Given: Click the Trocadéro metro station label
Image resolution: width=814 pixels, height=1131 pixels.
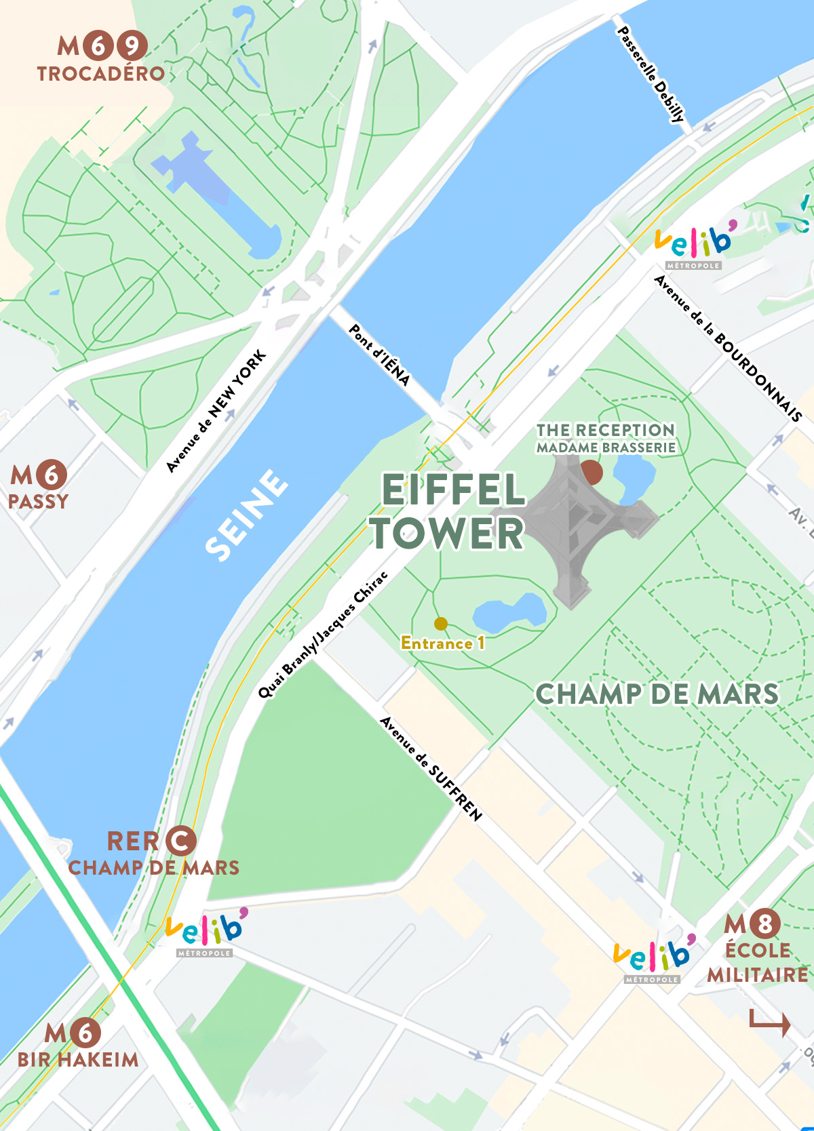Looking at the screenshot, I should (x=101, y=73).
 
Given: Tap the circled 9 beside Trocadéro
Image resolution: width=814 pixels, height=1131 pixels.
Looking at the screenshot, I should (x=132, y=46).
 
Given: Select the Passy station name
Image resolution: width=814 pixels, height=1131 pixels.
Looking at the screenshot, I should (x=38, y=502).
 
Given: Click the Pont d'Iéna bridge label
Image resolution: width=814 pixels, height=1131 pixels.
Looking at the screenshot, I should (x=379, y=355).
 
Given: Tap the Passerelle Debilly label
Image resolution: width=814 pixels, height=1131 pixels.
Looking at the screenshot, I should (x=651, y=74).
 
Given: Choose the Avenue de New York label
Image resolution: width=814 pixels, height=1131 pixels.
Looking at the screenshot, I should (x=216, y=412).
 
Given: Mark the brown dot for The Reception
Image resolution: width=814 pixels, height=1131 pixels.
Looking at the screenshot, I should (x=592, y=473).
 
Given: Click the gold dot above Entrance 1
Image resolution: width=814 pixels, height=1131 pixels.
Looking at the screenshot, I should (x=441, y=623).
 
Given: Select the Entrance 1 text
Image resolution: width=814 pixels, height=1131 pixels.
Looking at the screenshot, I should (x=443, y=643).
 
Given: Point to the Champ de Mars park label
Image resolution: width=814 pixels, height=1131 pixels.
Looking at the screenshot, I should (x=657, y=694).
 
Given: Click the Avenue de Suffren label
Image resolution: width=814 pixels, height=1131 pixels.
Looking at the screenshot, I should (x=431, y=768).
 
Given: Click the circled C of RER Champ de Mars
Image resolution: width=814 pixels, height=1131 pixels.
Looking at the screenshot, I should (x=180, y=841).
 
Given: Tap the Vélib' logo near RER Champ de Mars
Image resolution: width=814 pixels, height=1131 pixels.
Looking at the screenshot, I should (x=206, y=931).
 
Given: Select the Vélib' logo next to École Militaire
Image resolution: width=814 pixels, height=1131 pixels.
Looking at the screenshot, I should (x=653, y=957).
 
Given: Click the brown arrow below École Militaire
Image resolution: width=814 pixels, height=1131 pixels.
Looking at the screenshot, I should (x=770, y=1022).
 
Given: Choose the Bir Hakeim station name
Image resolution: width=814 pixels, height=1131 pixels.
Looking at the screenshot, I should (x=78, y=1059).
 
